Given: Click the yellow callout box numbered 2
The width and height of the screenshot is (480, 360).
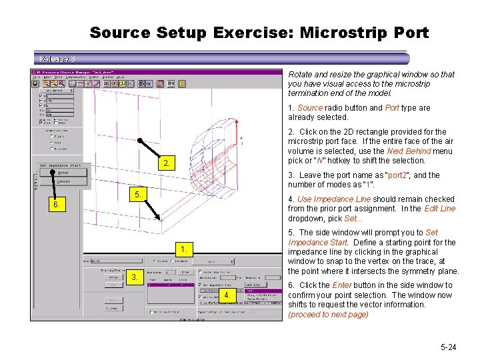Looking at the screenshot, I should pos(168,164).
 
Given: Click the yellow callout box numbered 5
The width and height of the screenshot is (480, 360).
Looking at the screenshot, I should pos(135,195).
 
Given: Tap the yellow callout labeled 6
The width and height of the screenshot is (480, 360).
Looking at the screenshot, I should pos(59,205).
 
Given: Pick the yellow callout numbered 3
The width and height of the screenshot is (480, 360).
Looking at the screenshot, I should pos(135,277).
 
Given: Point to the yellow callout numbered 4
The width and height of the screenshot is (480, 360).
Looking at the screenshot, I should pos(227,295).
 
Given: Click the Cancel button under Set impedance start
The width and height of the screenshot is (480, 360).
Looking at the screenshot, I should pos(64,181).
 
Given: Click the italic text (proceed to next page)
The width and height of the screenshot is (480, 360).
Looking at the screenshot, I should pos(328,314).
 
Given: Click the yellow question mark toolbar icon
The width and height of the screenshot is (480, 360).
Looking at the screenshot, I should pos(182,83).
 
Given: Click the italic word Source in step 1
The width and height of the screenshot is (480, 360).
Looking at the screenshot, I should pos(309,107).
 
